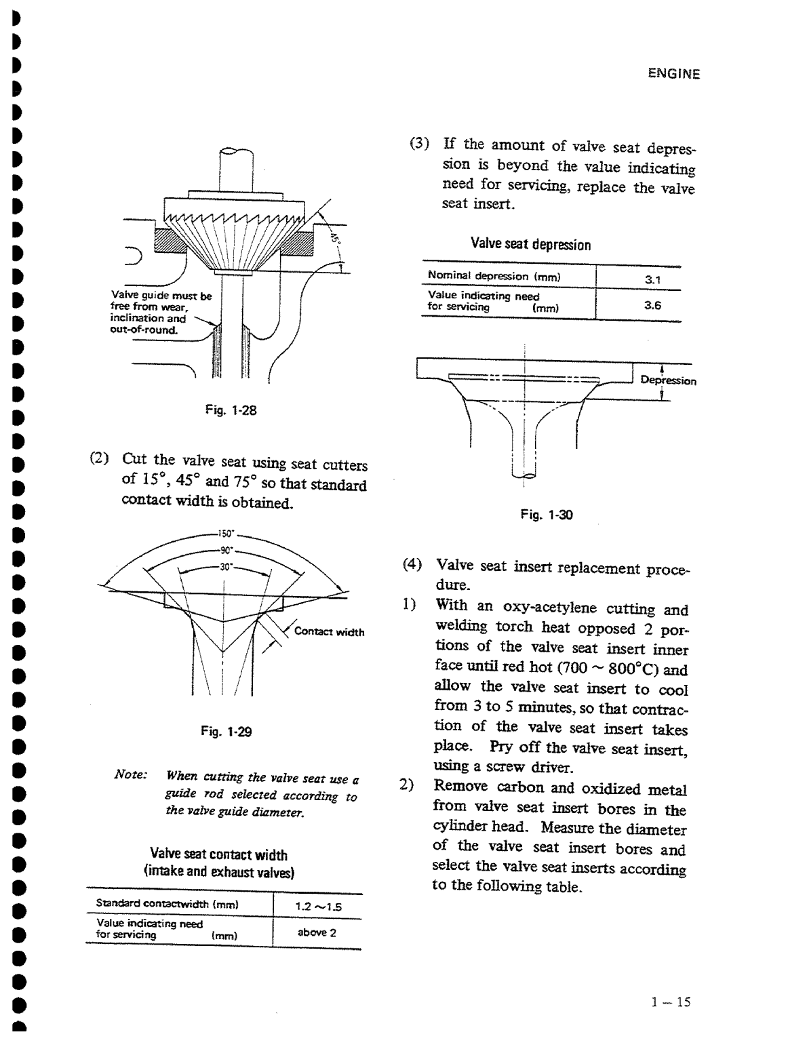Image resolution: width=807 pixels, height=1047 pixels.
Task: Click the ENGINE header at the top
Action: point(673,75)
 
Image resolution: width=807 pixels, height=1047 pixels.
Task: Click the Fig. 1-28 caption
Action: point(231,410)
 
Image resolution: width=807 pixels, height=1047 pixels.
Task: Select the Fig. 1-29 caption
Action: point(227,731)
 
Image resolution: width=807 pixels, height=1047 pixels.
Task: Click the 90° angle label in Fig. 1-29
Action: point(224,550)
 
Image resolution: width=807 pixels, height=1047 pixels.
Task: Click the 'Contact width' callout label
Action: point(329,632)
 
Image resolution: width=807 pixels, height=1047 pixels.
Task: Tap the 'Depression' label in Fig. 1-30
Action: point(668,380)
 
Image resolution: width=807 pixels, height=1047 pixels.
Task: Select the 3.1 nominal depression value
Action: point(652,279)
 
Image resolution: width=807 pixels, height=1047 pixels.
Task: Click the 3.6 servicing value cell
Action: point(652,305)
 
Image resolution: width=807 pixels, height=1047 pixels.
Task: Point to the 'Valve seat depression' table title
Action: point(530,244)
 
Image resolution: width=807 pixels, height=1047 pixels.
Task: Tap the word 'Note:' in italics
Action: point(131,774)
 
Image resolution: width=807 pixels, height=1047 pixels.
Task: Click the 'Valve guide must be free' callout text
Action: point(161,313)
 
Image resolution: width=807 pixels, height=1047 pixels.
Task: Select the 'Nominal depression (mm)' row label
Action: point(494,276)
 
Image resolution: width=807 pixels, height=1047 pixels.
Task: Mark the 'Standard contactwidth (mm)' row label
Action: point(166,904)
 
